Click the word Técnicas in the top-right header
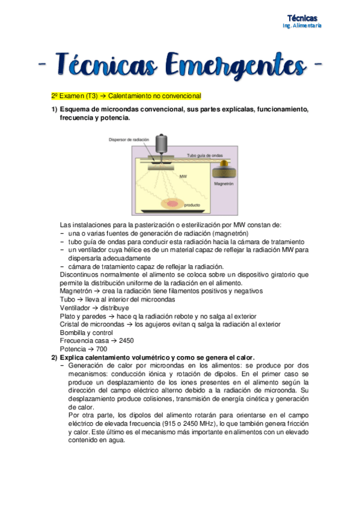coord(302,18)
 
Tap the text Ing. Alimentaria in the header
coord(302,26)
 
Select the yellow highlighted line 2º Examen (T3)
coord(126,96)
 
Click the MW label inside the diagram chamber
coord(183,177)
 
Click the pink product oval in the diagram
coord(172,204)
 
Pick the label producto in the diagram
coord(192,205)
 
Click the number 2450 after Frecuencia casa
coord(126,340)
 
